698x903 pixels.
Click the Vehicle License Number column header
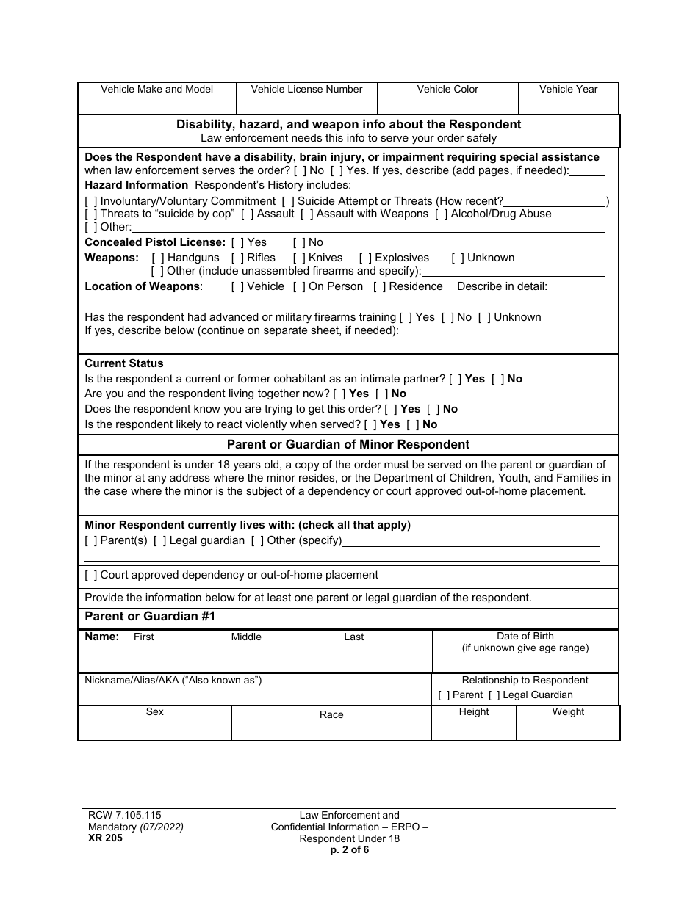pos(306,90)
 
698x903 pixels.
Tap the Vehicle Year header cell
pos(568,90)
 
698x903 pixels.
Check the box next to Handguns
pos(158,258)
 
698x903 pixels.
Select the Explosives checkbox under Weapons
pos(365,258)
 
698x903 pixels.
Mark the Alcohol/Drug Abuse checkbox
pos(441,214)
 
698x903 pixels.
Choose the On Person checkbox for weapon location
pos(299,286)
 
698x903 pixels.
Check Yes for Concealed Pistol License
pos(237,242)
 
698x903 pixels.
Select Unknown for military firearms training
pos(484,317)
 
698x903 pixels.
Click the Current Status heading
pos(124,363)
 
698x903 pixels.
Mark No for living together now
pos(381,394)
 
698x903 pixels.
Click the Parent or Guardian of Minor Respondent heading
pos(348,444)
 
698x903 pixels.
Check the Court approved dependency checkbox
pos(91,575)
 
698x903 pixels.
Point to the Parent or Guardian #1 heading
pos(150,617)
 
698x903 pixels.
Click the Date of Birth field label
pos(525,637)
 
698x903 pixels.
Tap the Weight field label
pos(568,712)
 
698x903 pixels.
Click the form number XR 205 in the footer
pos(104,838)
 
